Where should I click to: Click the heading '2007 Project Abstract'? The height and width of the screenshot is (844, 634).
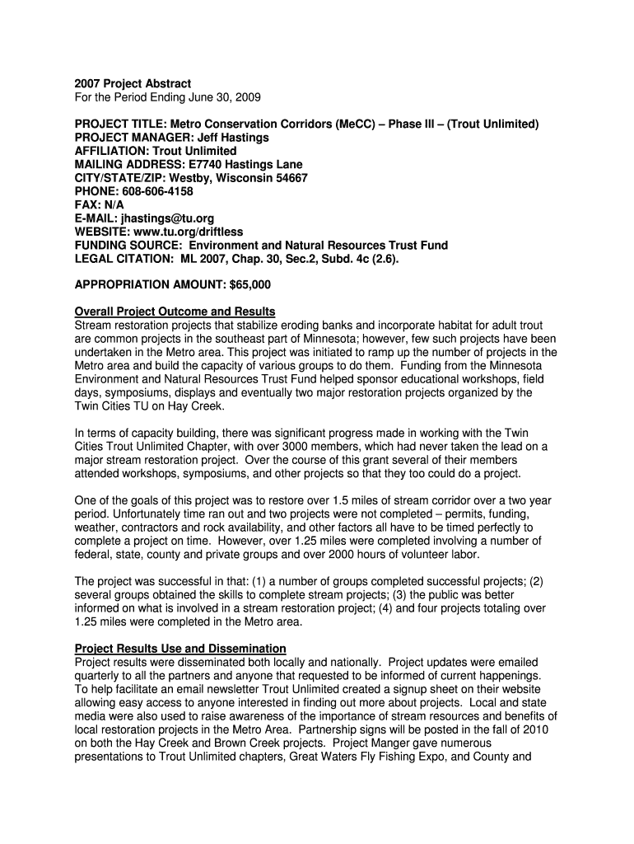point(133,84)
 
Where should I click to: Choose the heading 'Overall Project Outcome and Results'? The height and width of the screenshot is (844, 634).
point(175,312)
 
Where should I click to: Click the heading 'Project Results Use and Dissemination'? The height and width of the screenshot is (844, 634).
point(180,648)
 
